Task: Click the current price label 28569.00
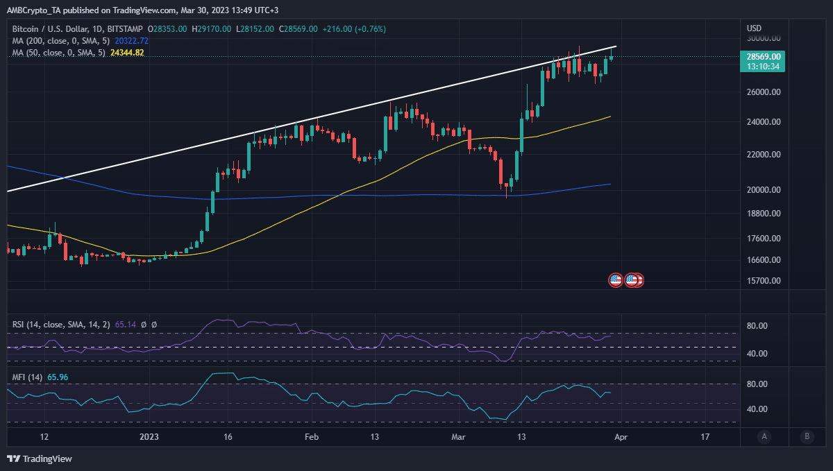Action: tap(764, 56)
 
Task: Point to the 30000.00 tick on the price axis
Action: tap(764, 39)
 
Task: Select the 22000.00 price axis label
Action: tap(764, 154)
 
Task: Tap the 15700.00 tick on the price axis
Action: tap(764, 281)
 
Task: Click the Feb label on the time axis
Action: tap(312, 437)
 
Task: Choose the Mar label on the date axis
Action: tap(458, 437)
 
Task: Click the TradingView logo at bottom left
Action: tap(40, 459)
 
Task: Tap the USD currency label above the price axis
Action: tap(754, 28)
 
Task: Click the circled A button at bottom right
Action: tap(764, 436)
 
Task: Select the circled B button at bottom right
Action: tap(807, 436)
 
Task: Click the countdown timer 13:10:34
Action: tap(764, 67)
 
